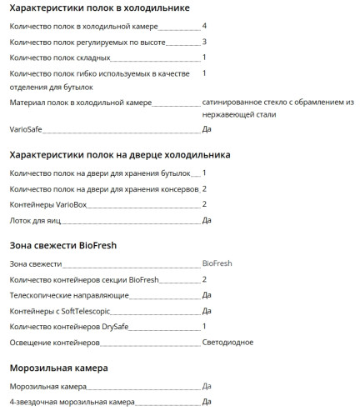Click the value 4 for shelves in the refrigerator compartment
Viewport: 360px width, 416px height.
point(205,26)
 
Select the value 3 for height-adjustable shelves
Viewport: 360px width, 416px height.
point(205,42)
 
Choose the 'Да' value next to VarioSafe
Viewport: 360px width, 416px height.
point(207,130)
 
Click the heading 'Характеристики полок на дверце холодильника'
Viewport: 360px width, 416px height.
point(119,155)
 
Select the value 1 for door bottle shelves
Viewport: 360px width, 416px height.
point(205,173)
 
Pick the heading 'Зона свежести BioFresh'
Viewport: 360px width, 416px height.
point(62,245)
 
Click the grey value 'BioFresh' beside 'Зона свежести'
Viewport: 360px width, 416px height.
point(217,263)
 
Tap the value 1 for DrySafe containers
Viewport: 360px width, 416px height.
point(205,326)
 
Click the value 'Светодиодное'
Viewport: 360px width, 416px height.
point(227,343)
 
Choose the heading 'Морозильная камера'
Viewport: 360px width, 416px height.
point(58,367)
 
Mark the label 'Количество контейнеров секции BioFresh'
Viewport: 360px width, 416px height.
point(83,279)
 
